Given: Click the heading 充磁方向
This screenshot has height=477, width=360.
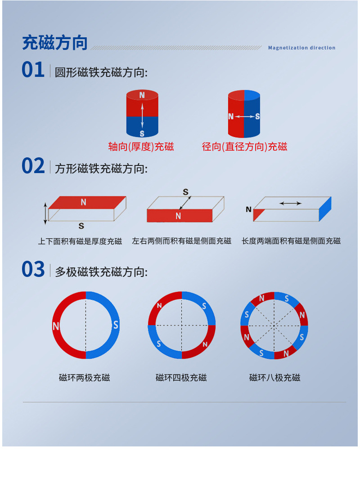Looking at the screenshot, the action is (x=55, y=42).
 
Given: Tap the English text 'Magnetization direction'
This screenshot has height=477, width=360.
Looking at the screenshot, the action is (x=301, y=48).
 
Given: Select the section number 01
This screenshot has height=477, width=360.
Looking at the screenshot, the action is (x=33, y=70).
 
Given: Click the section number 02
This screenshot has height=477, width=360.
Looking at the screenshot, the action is (x=33, y=166).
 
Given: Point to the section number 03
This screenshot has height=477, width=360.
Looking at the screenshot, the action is (x=33, y=269).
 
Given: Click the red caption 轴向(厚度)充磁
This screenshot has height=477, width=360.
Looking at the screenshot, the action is (x=141, y=147).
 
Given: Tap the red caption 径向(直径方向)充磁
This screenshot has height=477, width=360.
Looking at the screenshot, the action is (x=244, y=147).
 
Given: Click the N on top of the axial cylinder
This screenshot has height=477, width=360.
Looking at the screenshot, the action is (x=142, y=95).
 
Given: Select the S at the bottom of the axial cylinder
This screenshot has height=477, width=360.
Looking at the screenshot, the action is (x=142, y=133).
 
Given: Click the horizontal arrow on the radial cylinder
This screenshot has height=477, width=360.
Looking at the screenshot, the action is (x=244, y=116).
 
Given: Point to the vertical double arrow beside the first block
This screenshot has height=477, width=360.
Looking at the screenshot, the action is (x=45, y=214).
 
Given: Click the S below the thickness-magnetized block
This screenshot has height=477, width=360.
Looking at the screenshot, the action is (x=81, y=226).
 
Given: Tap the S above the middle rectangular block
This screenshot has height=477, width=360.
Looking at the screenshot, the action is (x=185, y=192).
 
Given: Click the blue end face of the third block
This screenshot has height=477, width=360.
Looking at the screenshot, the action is (x=325, y=209).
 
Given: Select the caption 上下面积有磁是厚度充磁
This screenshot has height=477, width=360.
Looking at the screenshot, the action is (x=80, y=241).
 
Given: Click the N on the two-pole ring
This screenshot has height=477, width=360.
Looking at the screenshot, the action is (x=56, y=326).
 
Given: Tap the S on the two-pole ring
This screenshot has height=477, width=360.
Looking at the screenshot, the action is (x=116, y=325).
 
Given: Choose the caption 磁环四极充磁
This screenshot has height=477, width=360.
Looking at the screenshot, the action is (x=181, y=378).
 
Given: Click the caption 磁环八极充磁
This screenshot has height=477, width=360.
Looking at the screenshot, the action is (x=274, y=378).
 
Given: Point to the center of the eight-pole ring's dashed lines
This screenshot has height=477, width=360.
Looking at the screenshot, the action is (x=274, y=326).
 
